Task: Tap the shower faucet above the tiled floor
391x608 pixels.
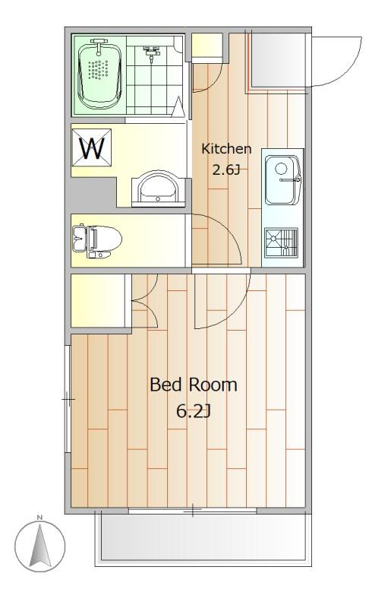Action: [151, 53]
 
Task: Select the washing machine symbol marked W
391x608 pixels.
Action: [92, 147]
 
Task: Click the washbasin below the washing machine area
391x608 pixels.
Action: [158, 188]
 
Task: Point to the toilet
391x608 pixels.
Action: [97, 241]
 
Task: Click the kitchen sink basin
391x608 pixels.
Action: [282, 179]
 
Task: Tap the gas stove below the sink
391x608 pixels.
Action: [282, 242]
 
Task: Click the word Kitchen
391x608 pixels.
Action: [226, 148]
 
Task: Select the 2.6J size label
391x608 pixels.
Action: [226, 169]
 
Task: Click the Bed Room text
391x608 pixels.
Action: [194, 385]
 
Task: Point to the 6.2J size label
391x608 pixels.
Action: [193, 411]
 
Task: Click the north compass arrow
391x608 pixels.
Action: [40, 546]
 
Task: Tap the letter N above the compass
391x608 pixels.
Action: [39, 518]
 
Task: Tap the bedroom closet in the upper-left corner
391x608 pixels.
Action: [98, 300]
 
